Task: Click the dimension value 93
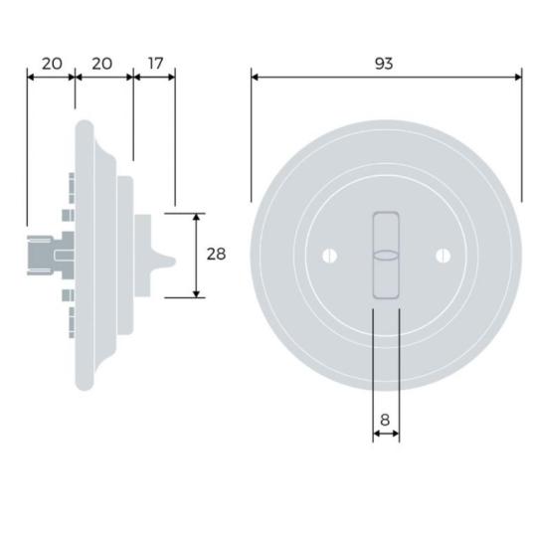pos(384,64)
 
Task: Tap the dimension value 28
pos(216,255)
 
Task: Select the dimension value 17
pos(155,64)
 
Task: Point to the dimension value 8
pos(385,420)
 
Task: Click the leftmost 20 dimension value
pos(52,64)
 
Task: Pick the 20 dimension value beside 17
pos(102,64)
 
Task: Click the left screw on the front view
pos(330,256)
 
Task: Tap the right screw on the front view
pos(443,256)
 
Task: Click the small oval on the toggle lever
pos(386,256)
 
